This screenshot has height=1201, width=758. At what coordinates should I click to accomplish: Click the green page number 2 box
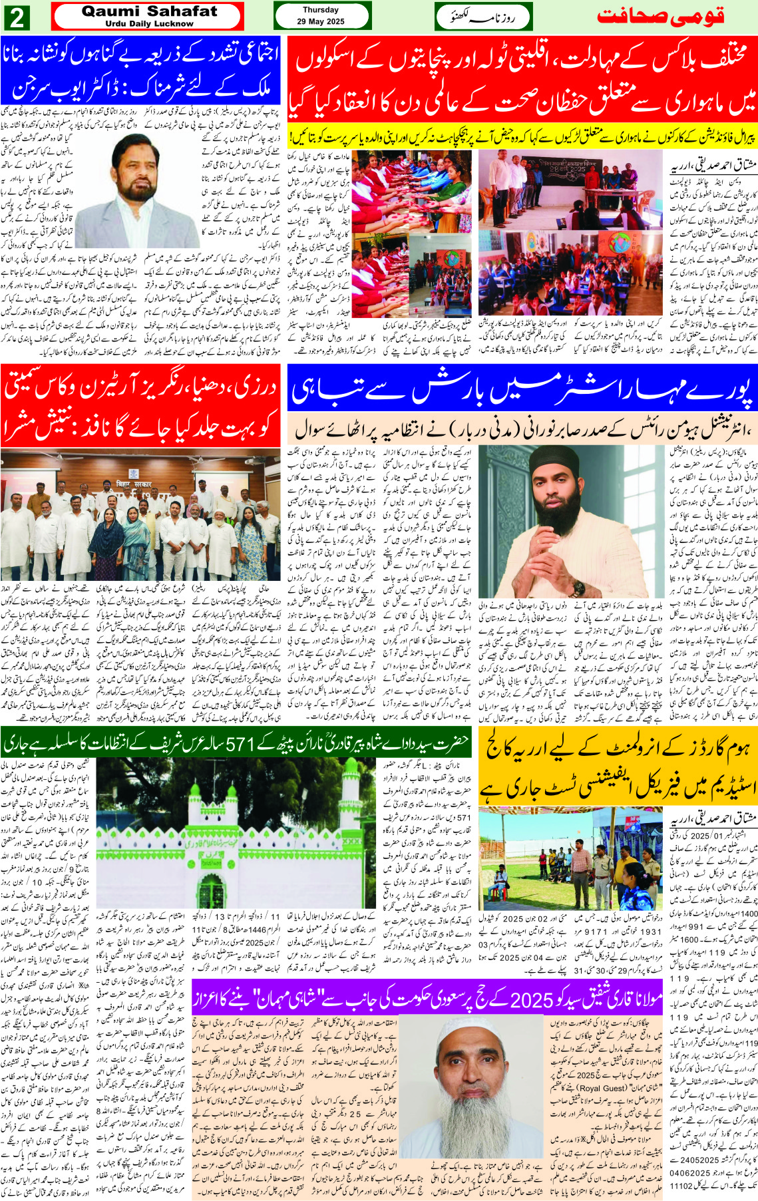pos(16,17)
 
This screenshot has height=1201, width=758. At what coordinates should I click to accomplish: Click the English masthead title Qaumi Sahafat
pos(149,11)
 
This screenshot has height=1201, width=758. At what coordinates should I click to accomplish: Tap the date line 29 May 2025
pos(321,22)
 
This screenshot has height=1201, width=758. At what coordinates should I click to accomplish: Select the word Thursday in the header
pos(321,10)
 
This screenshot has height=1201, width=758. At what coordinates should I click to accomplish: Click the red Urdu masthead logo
pos(660,16)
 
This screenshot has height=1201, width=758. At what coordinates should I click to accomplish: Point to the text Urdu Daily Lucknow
pos(149,24)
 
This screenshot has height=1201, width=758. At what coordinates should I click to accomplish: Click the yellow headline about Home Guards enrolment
pos(618,766)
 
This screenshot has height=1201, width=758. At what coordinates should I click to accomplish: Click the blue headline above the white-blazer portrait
pos(141,70)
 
